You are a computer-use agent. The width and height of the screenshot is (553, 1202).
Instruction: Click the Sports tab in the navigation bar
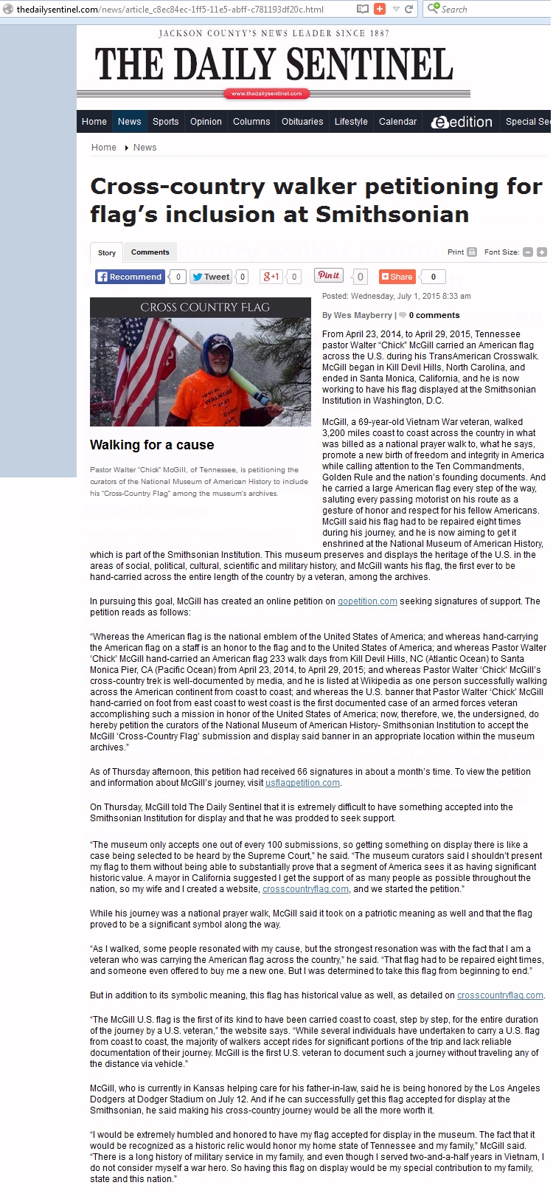pyautogui.click(x=165, y=122)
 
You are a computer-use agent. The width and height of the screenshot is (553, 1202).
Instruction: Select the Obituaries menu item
pyautogui.click(x=302, y=122)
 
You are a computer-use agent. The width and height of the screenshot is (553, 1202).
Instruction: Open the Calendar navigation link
pyautogui.click(x=397, y=122)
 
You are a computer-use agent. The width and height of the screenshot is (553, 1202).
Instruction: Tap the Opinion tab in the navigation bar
pyautogui.click(x=206, y=122)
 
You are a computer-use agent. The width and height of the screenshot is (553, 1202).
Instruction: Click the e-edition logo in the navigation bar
pyautogui.click(x=462, y=122)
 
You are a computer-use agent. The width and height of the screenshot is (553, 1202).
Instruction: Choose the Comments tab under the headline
pyautogui.click(x=150, y=252)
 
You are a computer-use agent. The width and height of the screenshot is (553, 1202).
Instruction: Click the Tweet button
pyautogui.click(x=211, y=277)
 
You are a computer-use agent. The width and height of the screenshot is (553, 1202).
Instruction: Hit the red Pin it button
pyautogui.click(x=328, y=276)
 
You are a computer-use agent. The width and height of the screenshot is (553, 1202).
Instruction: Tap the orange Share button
pyautogui.click(x=397, y=277)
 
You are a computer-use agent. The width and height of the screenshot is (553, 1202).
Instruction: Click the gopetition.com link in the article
pyautogui.click(x=367, y=601)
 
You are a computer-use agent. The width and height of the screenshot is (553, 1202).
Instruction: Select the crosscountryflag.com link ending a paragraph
pyautogui.click(x=500, y=995)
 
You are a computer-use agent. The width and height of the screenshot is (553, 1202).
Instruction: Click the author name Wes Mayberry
pyautogui.click(x=363, y=315)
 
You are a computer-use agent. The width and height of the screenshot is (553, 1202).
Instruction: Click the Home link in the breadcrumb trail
pyautogui.click(x=103, y=148)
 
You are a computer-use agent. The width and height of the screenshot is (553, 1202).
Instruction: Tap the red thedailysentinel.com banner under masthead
pyautogui.click(x=266, y=94)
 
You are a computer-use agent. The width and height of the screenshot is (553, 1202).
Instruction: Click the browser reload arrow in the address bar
pyautogui.click(x=408, y=9)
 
